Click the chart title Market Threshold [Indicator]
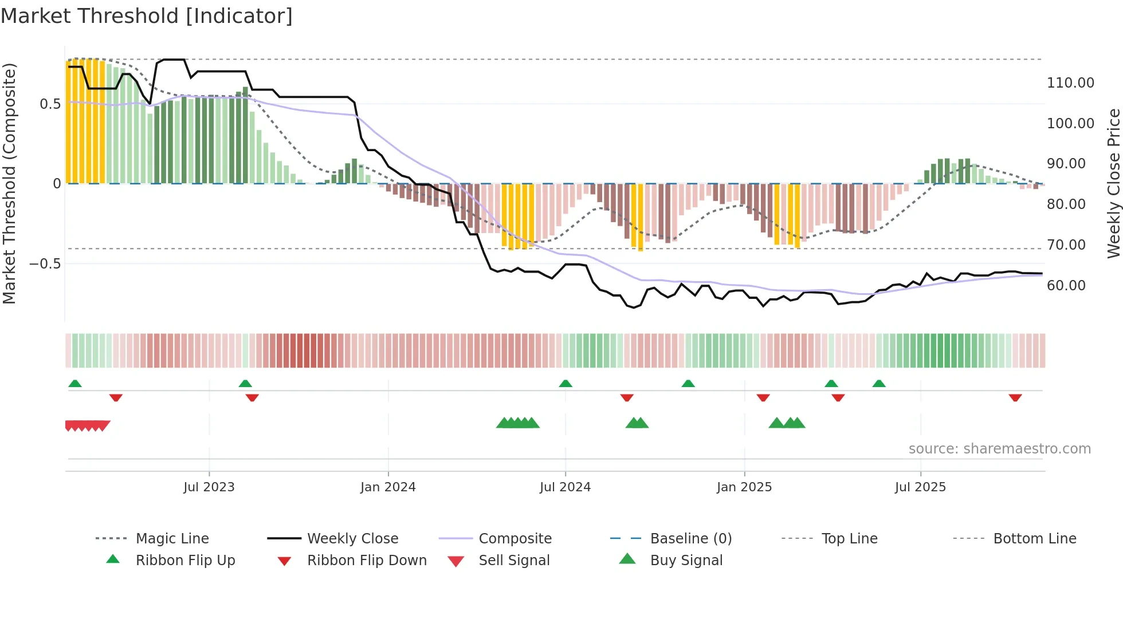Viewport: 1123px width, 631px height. pos(147,16)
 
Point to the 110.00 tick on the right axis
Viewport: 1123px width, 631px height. pos(1070,83)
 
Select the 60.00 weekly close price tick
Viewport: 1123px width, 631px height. pos(1066,286)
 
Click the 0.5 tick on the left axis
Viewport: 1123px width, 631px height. pos(50,104)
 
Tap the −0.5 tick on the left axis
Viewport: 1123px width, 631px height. pos(45,264)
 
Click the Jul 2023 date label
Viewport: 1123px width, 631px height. pos(209,487)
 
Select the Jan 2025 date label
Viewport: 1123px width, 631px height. pos(744,487)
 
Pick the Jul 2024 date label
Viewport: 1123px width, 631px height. pos(565,487)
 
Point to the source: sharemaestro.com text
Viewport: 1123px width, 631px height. pos(999,449)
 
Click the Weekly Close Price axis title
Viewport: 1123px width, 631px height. pos(1113,183)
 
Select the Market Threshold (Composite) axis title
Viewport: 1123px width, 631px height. pos(9,183)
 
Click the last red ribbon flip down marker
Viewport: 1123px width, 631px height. pos(1015,398)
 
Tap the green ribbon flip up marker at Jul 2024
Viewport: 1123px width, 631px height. pos(566,384)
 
